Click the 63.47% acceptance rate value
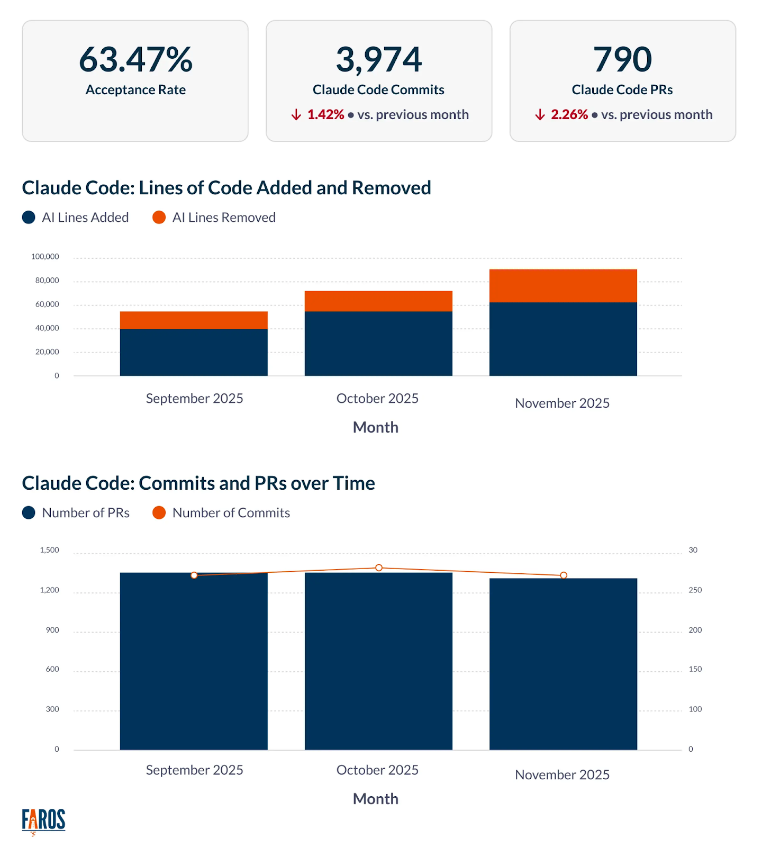tap(135, 59)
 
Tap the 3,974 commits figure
tap(379, 59)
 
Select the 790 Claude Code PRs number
tap(622, 59)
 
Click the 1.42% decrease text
tap(325, 115)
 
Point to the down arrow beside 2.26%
tap(540, 115)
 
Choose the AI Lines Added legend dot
tap(29, 218)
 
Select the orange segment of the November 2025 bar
tap(563, 286)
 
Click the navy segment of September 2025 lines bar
tap(194, 353)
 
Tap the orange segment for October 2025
tap(378, 301)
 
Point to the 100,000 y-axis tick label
tap(45, 257)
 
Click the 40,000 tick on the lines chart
tap(47, 328)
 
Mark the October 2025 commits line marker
tap(379, 567)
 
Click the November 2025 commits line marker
tap(564, 575)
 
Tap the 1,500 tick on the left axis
tap(49, 550)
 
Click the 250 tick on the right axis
tap(695, 590)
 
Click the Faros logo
tap(43, 821)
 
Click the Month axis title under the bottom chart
tap(375, 799)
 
